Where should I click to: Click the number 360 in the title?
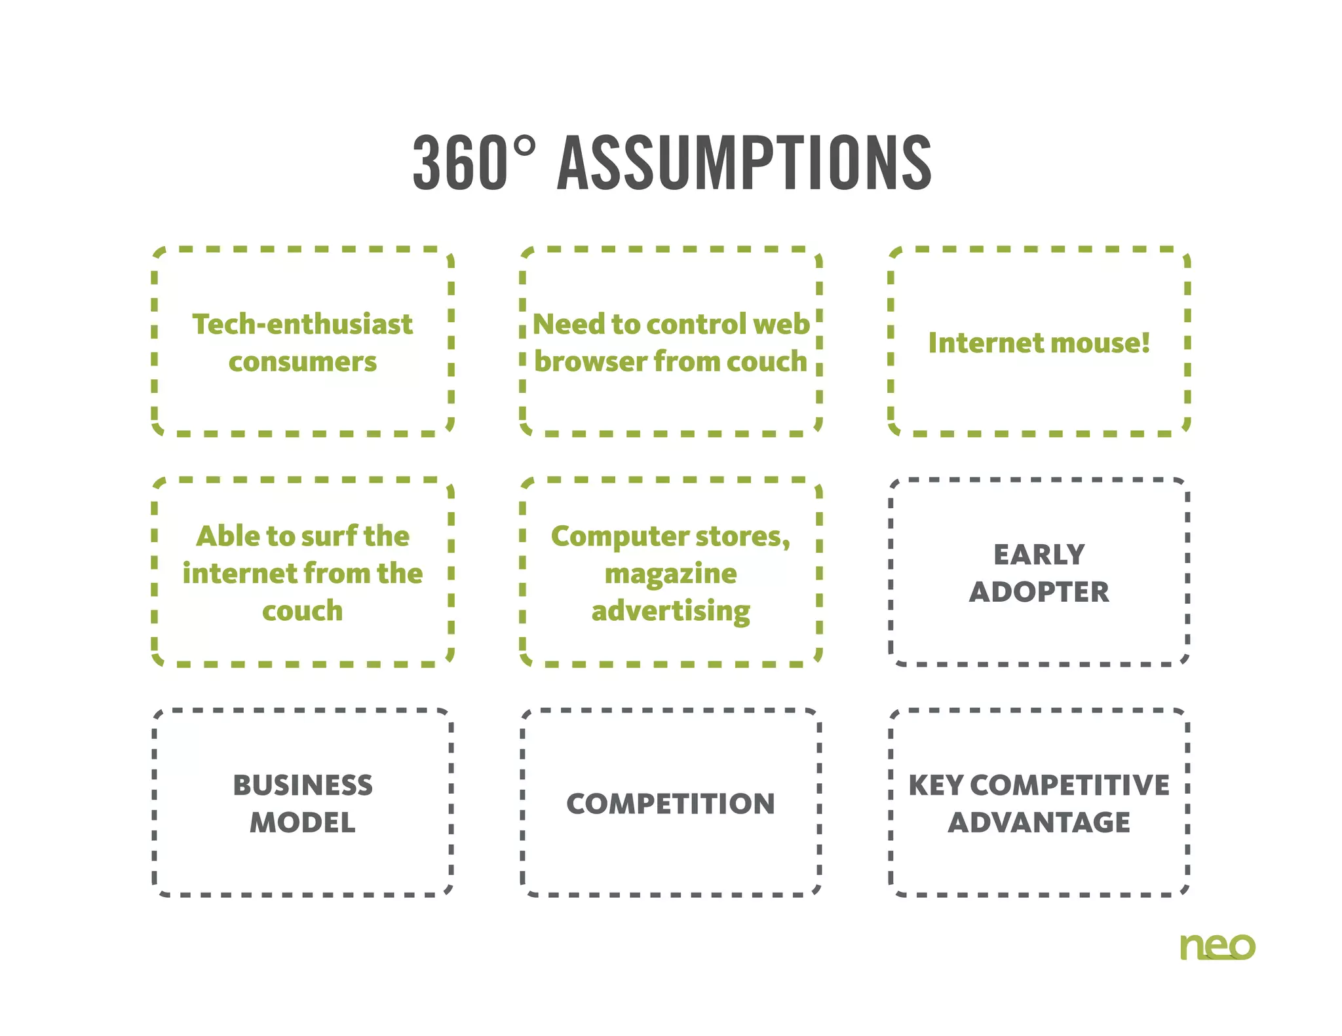click(x=460, y=163)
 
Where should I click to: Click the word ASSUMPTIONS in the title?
click(x=744, y=163)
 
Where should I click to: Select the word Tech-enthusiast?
click(x=302, y=324)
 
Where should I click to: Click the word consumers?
click(x=302, y=361)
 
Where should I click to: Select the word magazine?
click(x=670, y=574)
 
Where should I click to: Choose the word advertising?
click(x=670, y=611)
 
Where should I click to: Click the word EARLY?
click(x=1039, y=555)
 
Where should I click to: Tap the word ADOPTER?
click(x=1039, y=592)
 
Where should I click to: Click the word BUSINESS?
click(x=302, y=785)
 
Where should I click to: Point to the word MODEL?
click(x=302, y=823)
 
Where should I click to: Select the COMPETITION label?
click(x=670, y=804)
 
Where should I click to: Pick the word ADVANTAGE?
click(x=1039, y=823)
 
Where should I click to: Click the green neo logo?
click(x=1217, y=947)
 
